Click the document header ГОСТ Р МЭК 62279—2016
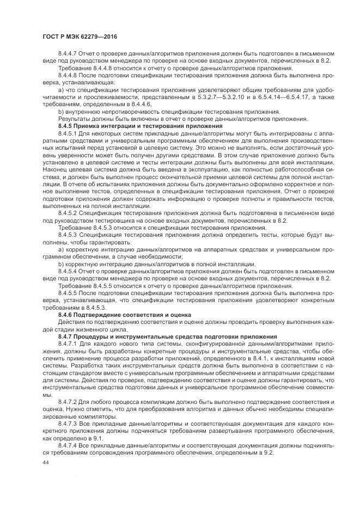[x=80, y=36]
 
